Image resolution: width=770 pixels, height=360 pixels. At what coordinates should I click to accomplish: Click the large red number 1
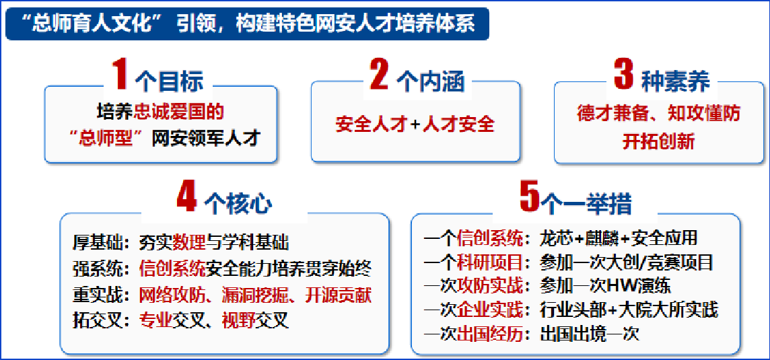119,75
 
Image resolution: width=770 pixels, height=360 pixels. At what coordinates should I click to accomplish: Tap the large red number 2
380,75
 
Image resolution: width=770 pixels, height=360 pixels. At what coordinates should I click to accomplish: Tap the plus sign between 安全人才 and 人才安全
415,124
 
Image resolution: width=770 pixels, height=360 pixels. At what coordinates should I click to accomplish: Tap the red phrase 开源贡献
338,295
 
